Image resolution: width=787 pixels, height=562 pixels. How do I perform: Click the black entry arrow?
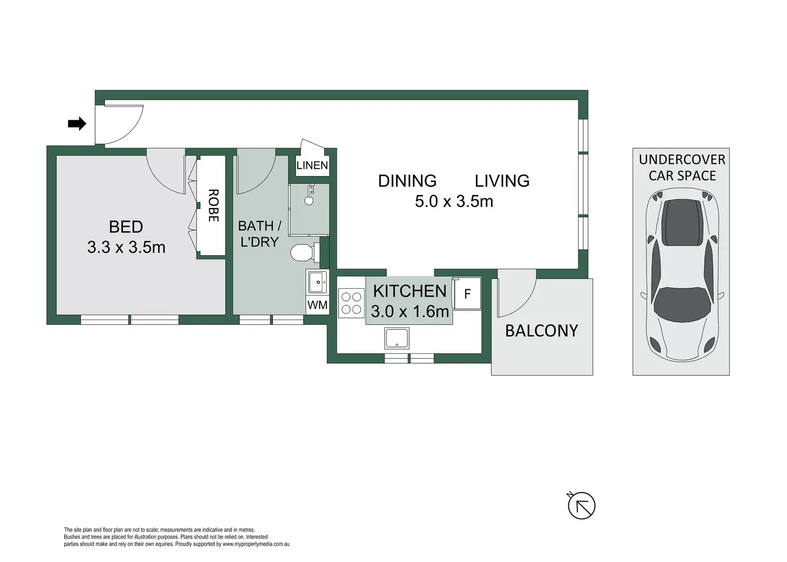click(x=77, y=124)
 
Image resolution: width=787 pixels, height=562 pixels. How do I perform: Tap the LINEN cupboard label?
click(x=312, y=165)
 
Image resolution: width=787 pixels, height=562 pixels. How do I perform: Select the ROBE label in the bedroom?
click(x=213, y=206)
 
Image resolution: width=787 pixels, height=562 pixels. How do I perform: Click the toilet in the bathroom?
click(x=304, y=252)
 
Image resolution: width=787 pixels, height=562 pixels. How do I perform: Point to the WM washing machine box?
click(x=317, y=305)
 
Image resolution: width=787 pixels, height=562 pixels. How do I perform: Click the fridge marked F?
click(x=467, y=294)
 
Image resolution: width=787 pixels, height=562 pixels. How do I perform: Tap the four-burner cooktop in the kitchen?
click(x=351, y=303)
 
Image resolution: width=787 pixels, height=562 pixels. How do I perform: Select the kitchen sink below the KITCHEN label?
click(x=397, y=338)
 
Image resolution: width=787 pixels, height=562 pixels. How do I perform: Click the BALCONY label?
click(x=542, y=331)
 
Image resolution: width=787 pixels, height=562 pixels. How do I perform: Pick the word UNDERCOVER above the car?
click(x=682, y=159)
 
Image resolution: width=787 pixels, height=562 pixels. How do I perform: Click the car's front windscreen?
click(x=682, y=301)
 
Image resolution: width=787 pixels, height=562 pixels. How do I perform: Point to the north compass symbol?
click(x=581, y=505)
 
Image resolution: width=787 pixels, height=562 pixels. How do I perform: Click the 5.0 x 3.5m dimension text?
click(x=454, y=202)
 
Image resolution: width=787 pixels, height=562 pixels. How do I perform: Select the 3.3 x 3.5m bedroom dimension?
click(x=126, y=247)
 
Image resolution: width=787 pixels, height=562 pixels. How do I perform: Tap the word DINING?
click(x=407, y=181)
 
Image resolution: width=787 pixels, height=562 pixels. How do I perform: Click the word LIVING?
click(x=502, y=181)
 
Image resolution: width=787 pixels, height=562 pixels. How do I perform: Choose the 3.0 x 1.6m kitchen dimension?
click(x=410, y=311)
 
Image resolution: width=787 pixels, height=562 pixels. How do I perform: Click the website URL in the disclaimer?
click(x=256, y=544)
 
